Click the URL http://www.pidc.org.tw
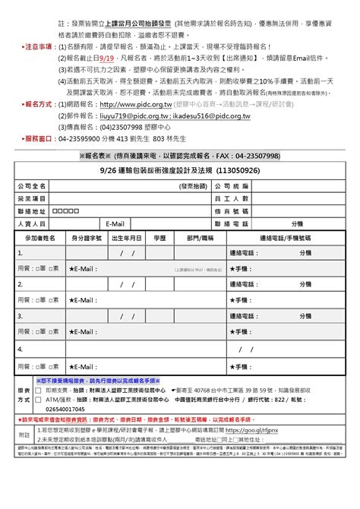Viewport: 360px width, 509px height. click(x=141, y=103)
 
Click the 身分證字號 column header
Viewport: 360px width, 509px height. click(x=87, y=238)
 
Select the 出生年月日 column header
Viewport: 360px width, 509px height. click(x=127, y=238)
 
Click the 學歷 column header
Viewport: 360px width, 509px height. click(x=159, y=238)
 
